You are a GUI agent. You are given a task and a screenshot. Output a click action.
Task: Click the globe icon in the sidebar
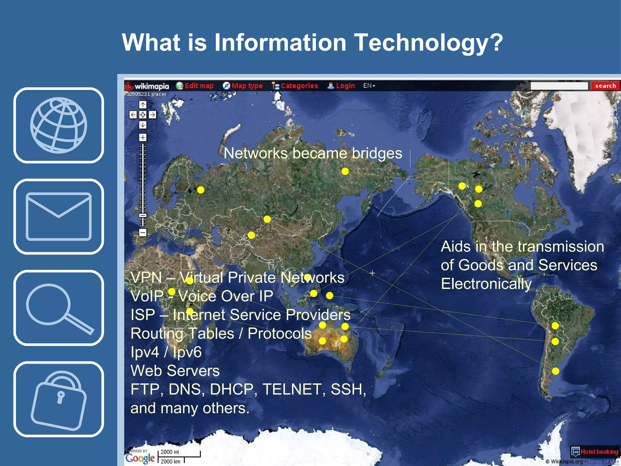tap(59, 125)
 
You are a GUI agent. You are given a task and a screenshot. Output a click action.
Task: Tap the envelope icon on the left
tap(59, 216)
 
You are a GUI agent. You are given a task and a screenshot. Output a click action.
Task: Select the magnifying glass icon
tap(59, 308)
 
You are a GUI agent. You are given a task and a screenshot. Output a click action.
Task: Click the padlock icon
tap(59, 399)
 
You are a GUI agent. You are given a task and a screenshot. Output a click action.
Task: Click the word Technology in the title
tap(428, 42)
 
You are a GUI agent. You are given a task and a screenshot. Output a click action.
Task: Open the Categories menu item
tap(295, 86)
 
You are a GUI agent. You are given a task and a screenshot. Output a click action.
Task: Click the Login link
tap(341, 86)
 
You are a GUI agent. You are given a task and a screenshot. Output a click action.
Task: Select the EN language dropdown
tap(369, 86)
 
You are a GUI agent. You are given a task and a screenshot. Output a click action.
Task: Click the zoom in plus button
tap(143, 137)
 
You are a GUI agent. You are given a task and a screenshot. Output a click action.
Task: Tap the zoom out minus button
tap(143, 233)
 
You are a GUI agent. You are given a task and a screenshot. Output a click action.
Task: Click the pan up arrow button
tap(143, 105)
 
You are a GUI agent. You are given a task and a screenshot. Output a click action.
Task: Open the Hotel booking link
tap(595, 452)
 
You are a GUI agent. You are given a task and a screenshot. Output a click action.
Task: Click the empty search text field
tap(559, 86)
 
